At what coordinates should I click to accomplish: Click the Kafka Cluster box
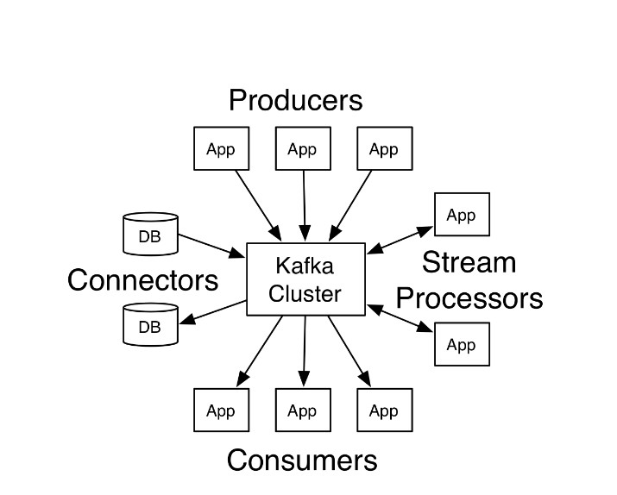(305, 279)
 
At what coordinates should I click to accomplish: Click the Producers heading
(295, 101)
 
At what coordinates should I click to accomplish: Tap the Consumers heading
(302, 460)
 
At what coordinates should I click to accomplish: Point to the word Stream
(469, 262)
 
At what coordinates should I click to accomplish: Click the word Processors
(469, 298)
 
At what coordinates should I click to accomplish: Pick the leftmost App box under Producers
(221, 149)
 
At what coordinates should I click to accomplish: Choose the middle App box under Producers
(302, 149)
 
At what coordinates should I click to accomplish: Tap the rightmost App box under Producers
(384, 149)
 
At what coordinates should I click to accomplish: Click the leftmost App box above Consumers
(221, 410)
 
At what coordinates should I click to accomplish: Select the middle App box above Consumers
(302, 410)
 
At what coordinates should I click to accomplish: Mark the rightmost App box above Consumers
(384, 410)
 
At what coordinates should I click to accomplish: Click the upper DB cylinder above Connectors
(150, 235)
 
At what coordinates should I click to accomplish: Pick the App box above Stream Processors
(462, 215)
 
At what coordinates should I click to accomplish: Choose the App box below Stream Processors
(462, 344)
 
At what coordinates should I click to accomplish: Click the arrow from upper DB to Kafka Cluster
(211, 244)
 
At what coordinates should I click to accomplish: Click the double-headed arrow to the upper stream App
(400, 240)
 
